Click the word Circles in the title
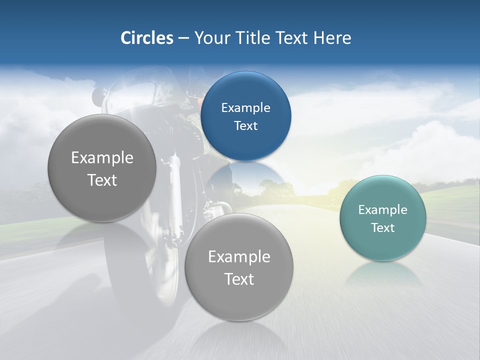[x=146, y=38]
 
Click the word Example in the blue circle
[x=245, y=107]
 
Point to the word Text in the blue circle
[x=245, y=125]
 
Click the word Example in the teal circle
[x=382, y=209]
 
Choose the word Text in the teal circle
[x=382, y=227]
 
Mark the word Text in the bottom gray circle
[x=239, y=279]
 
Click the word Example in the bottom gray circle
[x=239, y=256]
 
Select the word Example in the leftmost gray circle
[x=102, y=157]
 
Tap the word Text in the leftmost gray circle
[x=102, y=180]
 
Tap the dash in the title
[x=183, y=38]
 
